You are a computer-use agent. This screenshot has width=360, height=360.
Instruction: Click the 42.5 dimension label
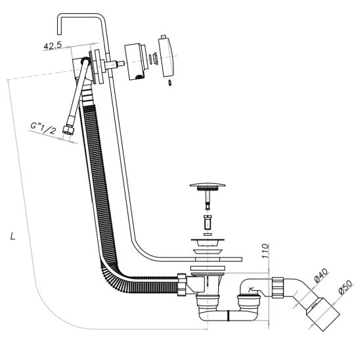pos(53,45)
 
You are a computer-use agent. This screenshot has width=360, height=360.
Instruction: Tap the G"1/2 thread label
pos(43,129)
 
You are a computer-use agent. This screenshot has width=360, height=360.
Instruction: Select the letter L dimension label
pos(13,236)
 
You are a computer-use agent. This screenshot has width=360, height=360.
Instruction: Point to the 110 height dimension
pos(265,251)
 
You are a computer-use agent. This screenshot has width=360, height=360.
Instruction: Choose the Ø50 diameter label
pos(345,288)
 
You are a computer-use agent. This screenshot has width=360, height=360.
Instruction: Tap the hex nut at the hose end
pos(68,130)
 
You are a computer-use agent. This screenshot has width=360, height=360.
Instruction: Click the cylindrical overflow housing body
pos(135,61)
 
